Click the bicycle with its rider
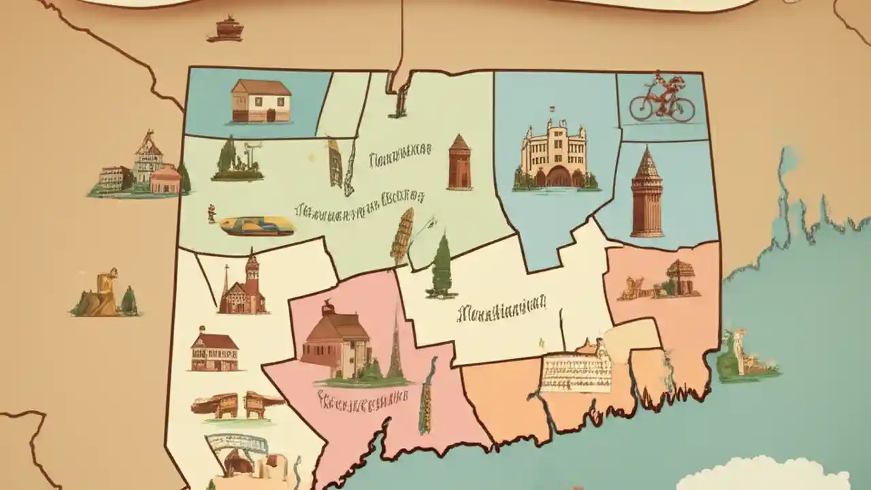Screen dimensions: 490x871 [x=661, y=100]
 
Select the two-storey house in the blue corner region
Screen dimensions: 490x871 [x=261, y=101]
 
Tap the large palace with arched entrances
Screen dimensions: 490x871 [x=554, y=156]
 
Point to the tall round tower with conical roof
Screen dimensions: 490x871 [x=646, y=193]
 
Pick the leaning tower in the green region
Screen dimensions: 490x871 [x=402, y=235]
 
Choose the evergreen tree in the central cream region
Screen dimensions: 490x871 [x=442, y=266]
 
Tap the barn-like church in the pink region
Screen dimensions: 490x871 [x=336, y=340]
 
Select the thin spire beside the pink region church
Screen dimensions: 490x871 [x=395, y=347]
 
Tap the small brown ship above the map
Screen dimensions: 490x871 [x=225, y=31]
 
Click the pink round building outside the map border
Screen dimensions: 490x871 [x=165, y=180]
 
